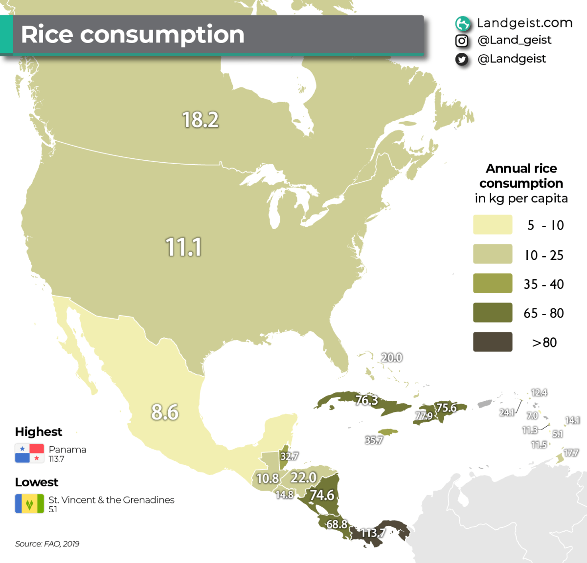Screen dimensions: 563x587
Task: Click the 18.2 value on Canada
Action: [200, 120]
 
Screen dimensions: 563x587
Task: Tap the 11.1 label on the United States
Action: [183, 247]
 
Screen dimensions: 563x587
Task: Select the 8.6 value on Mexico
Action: [165, 412]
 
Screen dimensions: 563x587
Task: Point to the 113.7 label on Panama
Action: [373, 533]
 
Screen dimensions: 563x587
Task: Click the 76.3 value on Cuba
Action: [366, 400]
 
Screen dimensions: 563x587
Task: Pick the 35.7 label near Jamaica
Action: [374, 440]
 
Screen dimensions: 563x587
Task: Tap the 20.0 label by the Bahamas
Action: [391, 358]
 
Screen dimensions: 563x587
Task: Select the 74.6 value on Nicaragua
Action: [322, 495]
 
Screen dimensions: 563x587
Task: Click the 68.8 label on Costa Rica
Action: [337, 524]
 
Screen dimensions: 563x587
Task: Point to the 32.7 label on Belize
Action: [289, 456]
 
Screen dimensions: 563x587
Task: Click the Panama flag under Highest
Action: [29, 453]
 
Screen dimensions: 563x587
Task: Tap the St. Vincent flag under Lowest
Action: [29, 503]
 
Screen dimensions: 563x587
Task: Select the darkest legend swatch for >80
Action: [493, 342]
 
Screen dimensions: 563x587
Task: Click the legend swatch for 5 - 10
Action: [493, 225]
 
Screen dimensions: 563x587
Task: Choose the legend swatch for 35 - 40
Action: [493, 283]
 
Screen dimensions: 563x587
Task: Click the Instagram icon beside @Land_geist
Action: [462, 41]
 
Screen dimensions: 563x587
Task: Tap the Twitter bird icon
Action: [462, 59]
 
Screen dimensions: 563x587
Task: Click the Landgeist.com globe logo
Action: [462, 23]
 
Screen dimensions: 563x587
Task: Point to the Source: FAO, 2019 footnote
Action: [47, 544]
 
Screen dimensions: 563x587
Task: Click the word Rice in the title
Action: [47, 35]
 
